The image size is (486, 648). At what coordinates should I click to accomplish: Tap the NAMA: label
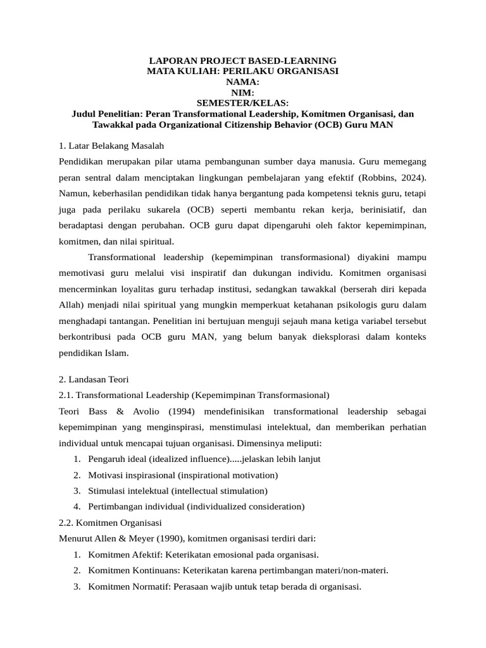coord(242,82)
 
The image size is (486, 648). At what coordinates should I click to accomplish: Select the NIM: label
coord(242,92)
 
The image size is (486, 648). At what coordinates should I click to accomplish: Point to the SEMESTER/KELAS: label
coord(242,103)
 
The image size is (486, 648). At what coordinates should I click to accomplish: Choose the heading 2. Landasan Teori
coord(94,380)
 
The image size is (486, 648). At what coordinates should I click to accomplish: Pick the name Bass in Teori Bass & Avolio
coord(94,411)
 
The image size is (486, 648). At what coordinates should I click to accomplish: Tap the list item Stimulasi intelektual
coord(127,491)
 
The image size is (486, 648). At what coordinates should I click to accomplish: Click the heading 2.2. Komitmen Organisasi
coord(109,523)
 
